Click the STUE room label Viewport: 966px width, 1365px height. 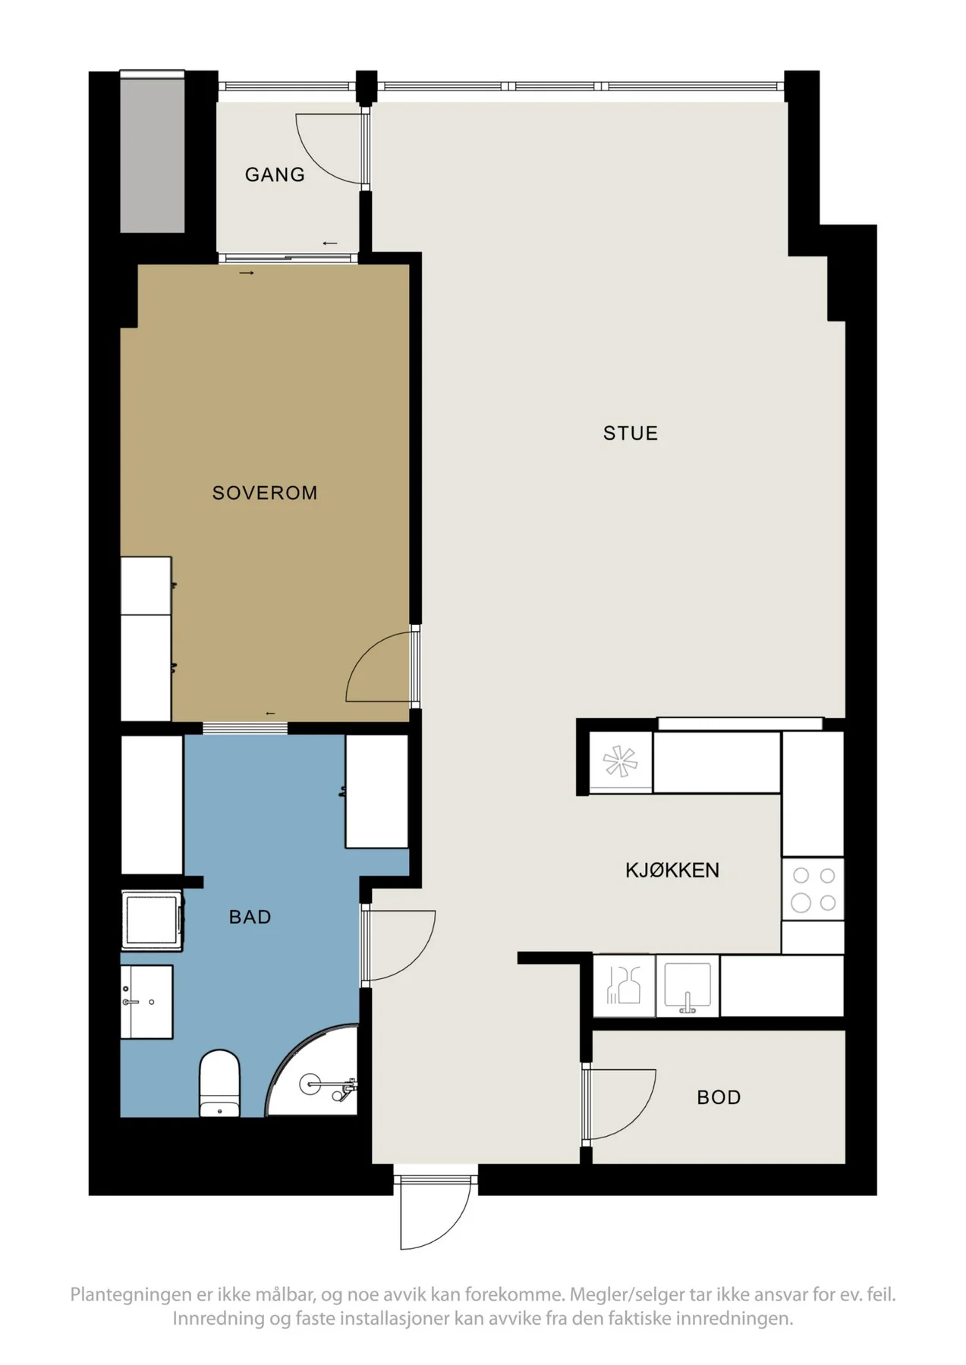pyautogui.click(x=630, y=433)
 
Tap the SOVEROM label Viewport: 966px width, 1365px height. pyautogui.click(x=265, y=493)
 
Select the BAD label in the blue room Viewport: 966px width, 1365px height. pyautogui.click(x=250, y=917)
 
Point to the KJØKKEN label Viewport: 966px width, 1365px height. pyautogui.click(x=672, y=870)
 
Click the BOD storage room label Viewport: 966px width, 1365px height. pyautogui.click(x=719, y=1097)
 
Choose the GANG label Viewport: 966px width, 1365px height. pyautogui.click(x=275, y=174)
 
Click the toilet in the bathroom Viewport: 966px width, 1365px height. pyautogui.click(x=219, y=1083)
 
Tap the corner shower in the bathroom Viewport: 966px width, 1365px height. pyautogui.click(x=313, y=1071)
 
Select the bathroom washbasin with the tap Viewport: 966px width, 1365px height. pyautogui.click(x=146, y=1002)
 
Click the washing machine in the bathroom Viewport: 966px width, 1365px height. pyautogui.click(x=152, y=920)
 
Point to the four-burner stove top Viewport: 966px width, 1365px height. pyautogui.click(x=813, y=889)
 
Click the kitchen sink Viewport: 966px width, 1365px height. pyautogui.click(x=687, y=987)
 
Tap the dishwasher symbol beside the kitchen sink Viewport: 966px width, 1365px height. pyautogui.click(x=624, y=986)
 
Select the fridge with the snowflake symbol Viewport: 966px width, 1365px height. pyautogui.click(x=621, y=762)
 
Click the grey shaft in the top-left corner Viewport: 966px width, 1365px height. pyautogui.click(x=153, y=153)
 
